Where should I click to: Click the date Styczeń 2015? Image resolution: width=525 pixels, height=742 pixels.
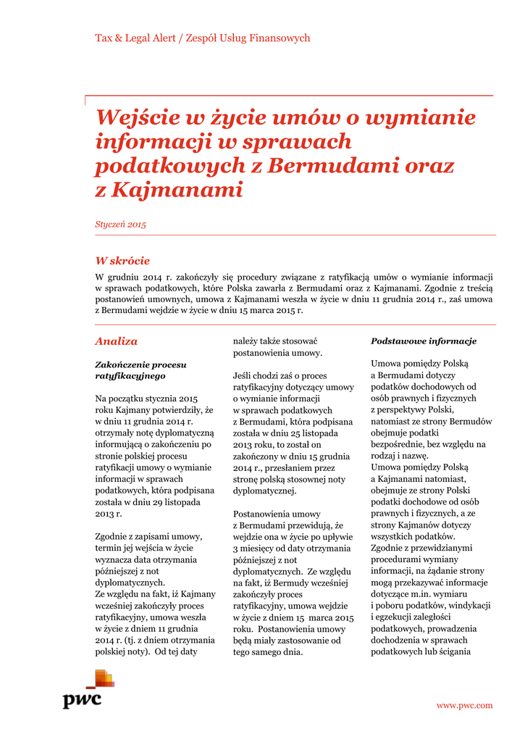121,225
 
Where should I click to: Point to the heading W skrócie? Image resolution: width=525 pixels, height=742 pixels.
122,261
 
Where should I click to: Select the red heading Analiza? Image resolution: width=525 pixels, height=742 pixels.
116,341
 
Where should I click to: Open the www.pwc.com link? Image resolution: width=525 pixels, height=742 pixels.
464,705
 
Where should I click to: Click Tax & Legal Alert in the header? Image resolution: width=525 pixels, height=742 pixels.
135,38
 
